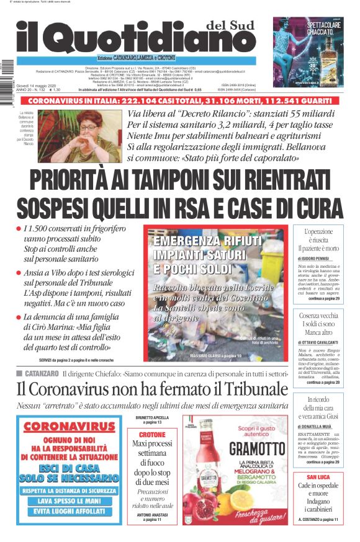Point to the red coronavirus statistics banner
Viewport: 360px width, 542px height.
click(179, 100)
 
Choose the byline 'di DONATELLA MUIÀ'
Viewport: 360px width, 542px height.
click(318, 427)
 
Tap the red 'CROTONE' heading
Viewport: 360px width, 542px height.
click(151, 435)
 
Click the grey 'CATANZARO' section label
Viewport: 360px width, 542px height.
click(42, 373)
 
